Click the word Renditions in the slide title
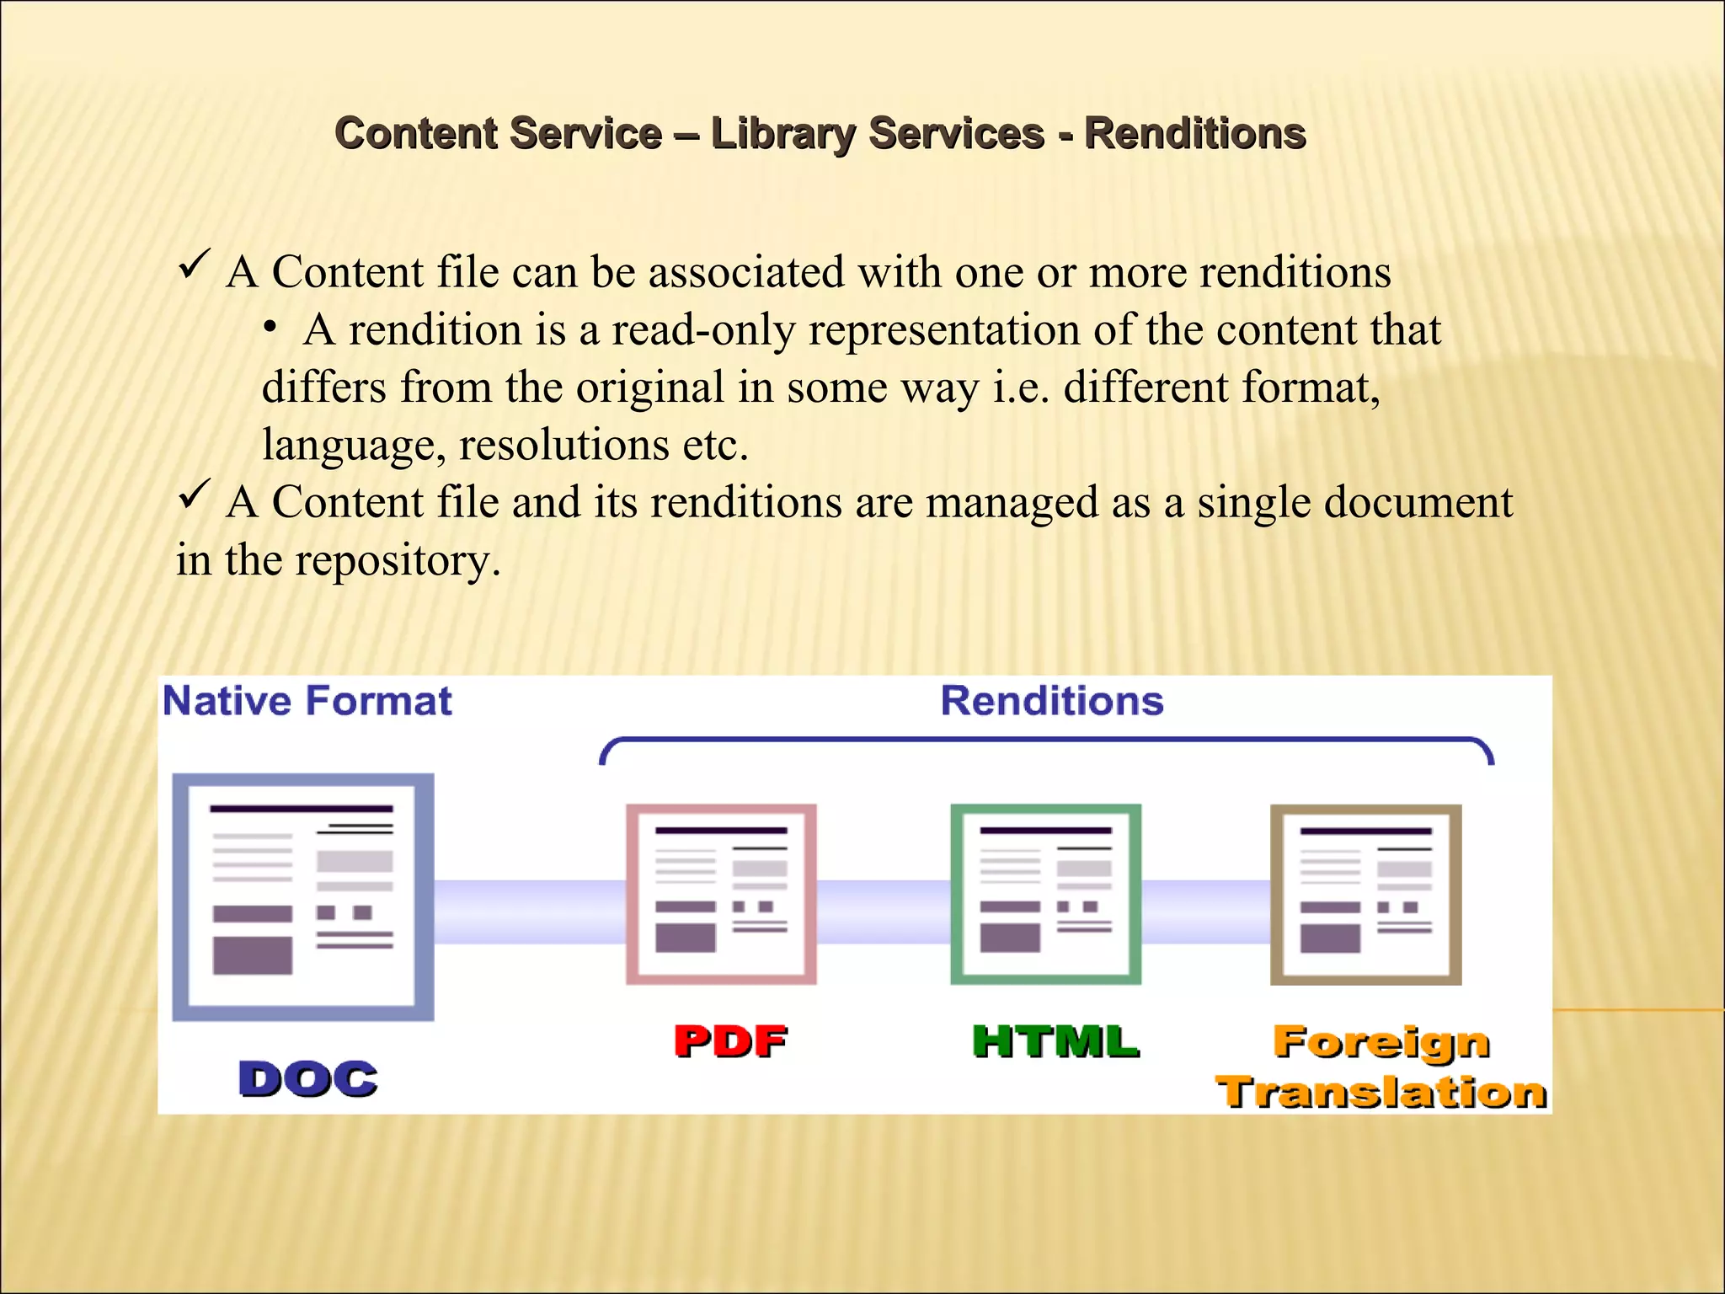(1194, 134)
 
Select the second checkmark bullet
(194, 495)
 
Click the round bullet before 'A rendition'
(270, 329)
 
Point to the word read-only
(703, 330)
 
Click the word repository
(398, 560)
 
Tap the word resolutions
(563, 445)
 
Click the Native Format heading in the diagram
(307, 701)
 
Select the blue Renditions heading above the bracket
(1052, 701)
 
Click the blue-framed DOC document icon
(303, 896)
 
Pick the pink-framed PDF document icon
(721, 894)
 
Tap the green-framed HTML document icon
(1045, 894)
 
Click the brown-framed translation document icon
(1365, 894)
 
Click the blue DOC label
(308, 1079)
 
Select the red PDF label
(730, 1041)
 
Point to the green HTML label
(1055, 1041)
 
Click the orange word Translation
(1381, 1093)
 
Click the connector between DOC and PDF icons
(530, 912)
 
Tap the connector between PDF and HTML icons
(883, 912)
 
